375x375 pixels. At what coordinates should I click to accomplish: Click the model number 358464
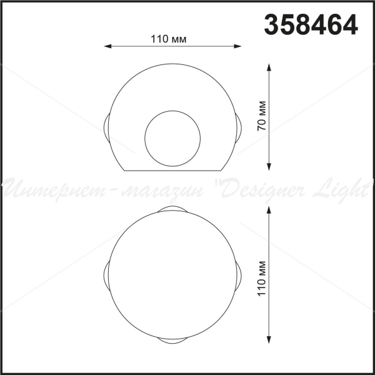pyautogui.click(x=311, y=24)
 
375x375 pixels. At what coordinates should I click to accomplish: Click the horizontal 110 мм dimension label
pyautogui.click(x=168, y=39)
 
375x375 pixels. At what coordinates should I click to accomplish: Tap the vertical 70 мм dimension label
pyautogui.click(x=262, y=116)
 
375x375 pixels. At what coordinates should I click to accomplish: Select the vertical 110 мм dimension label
pyautogui.click(x=262, y=279)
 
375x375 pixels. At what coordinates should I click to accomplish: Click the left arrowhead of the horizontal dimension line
pyautogui.click(x=107, y=46)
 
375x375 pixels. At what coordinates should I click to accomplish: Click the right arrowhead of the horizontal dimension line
pyautogui.click(x=237, y=46)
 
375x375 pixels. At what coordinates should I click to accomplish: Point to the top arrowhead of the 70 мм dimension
pyautogui.click(x=269, y=67)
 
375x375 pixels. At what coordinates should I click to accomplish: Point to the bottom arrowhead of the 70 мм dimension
pyautogui.click(x=269, y=167)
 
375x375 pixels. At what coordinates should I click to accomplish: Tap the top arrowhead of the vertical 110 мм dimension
pyautogui.click(x=269, y=210)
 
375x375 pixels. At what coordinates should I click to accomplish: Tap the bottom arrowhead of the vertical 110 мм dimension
pyautogui.click(x=269, y=340)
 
